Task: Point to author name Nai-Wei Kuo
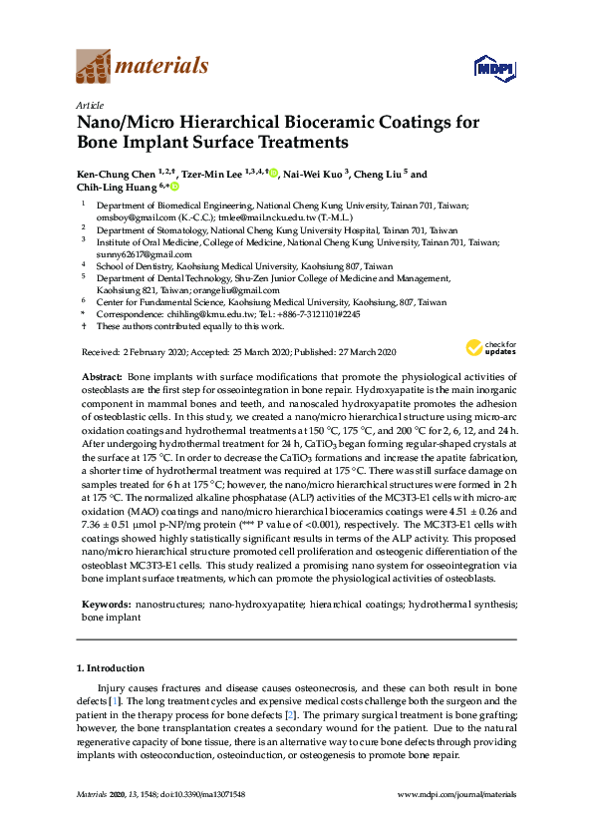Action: point(313,175)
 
